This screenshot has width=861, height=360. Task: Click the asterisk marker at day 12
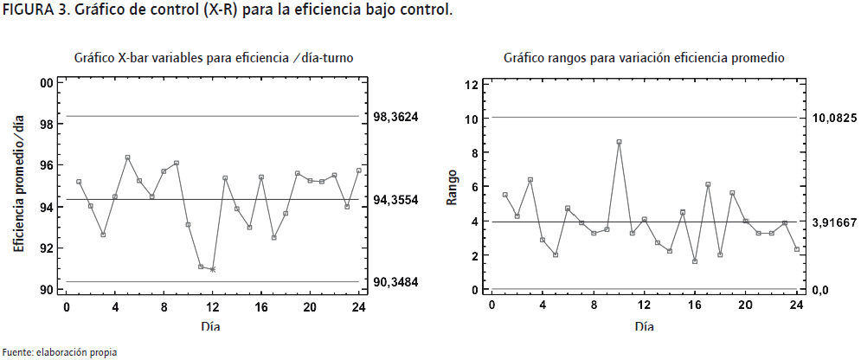pyautogui.click(x=213, y=270)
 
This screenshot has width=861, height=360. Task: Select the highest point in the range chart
pyautogui.click(x=620, y=142)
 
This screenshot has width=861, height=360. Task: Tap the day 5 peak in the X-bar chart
pyautogui.click(x=127, y=157)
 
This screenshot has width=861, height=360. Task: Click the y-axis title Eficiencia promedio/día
pyautogui.click(x=19, y=185)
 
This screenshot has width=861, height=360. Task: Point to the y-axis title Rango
pyautogui.click(x=452, y=188)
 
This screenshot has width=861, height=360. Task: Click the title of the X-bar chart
pyautogui.click(x=212, y=58)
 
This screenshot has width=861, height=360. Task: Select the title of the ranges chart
pyautogui.click(x=644, y=58)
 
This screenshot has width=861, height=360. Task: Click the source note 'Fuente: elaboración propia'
pyautogui.click(x=59, y=351)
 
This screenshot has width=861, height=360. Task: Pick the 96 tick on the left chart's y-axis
pyautogui.click(x=47, y=165)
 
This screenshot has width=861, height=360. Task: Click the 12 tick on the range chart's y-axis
pyautogui.click(x=472, y=84)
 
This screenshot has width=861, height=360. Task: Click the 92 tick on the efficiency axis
pyautogui.click(x=47, y=248)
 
